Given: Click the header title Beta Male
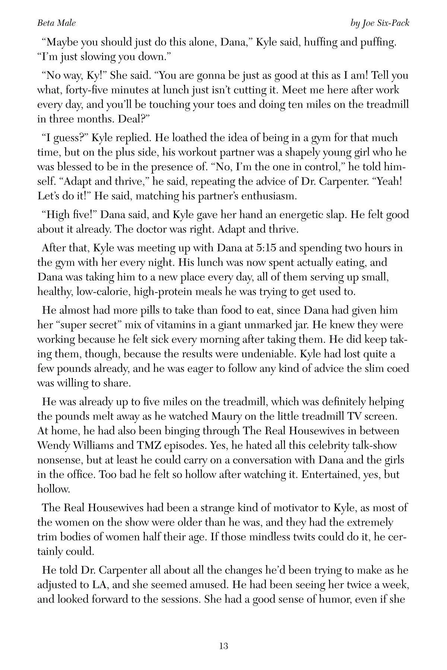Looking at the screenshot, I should (57, 23).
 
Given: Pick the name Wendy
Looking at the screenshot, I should (55, 445).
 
